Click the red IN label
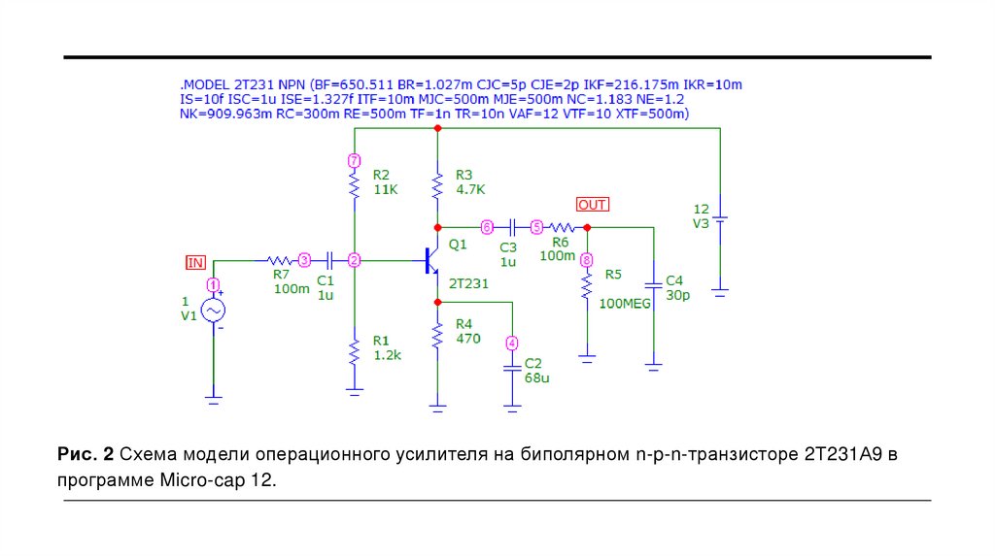tap(196, 262)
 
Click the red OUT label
tap(592, 205)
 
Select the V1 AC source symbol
tap(213, 310)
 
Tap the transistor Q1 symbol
tap(430, 259)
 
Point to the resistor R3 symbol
tap(438, 182)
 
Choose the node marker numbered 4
tap(512, 343)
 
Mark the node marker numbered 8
tap(586, 260)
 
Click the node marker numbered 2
tap(355, 261)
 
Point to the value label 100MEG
tap(625, 304)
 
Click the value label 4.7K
tap(469, 189)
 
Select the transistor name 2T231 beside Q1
tap(468, 282)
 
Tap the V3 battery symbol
tap(720, 218)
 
